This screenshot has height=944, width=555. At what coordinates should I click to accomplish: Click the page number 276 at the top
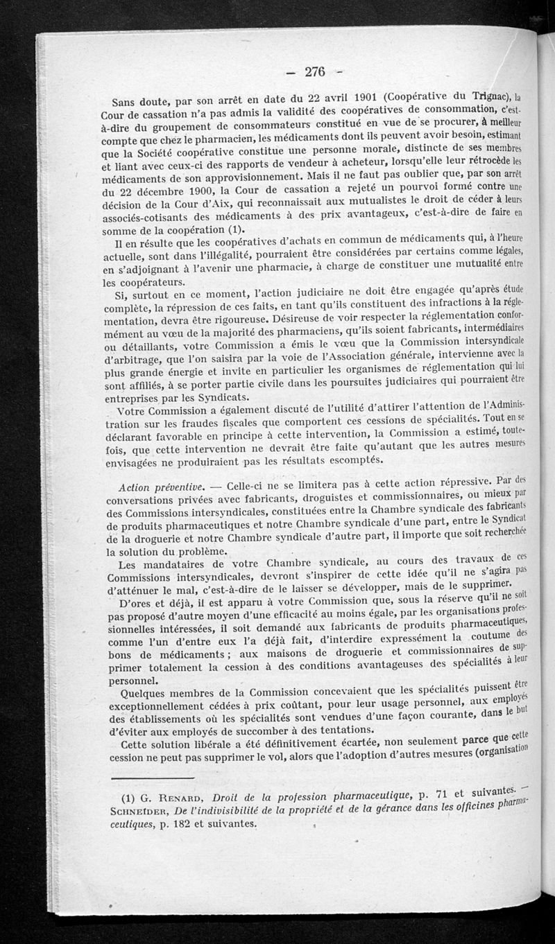pyautogui.click(x=314, y=71)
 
